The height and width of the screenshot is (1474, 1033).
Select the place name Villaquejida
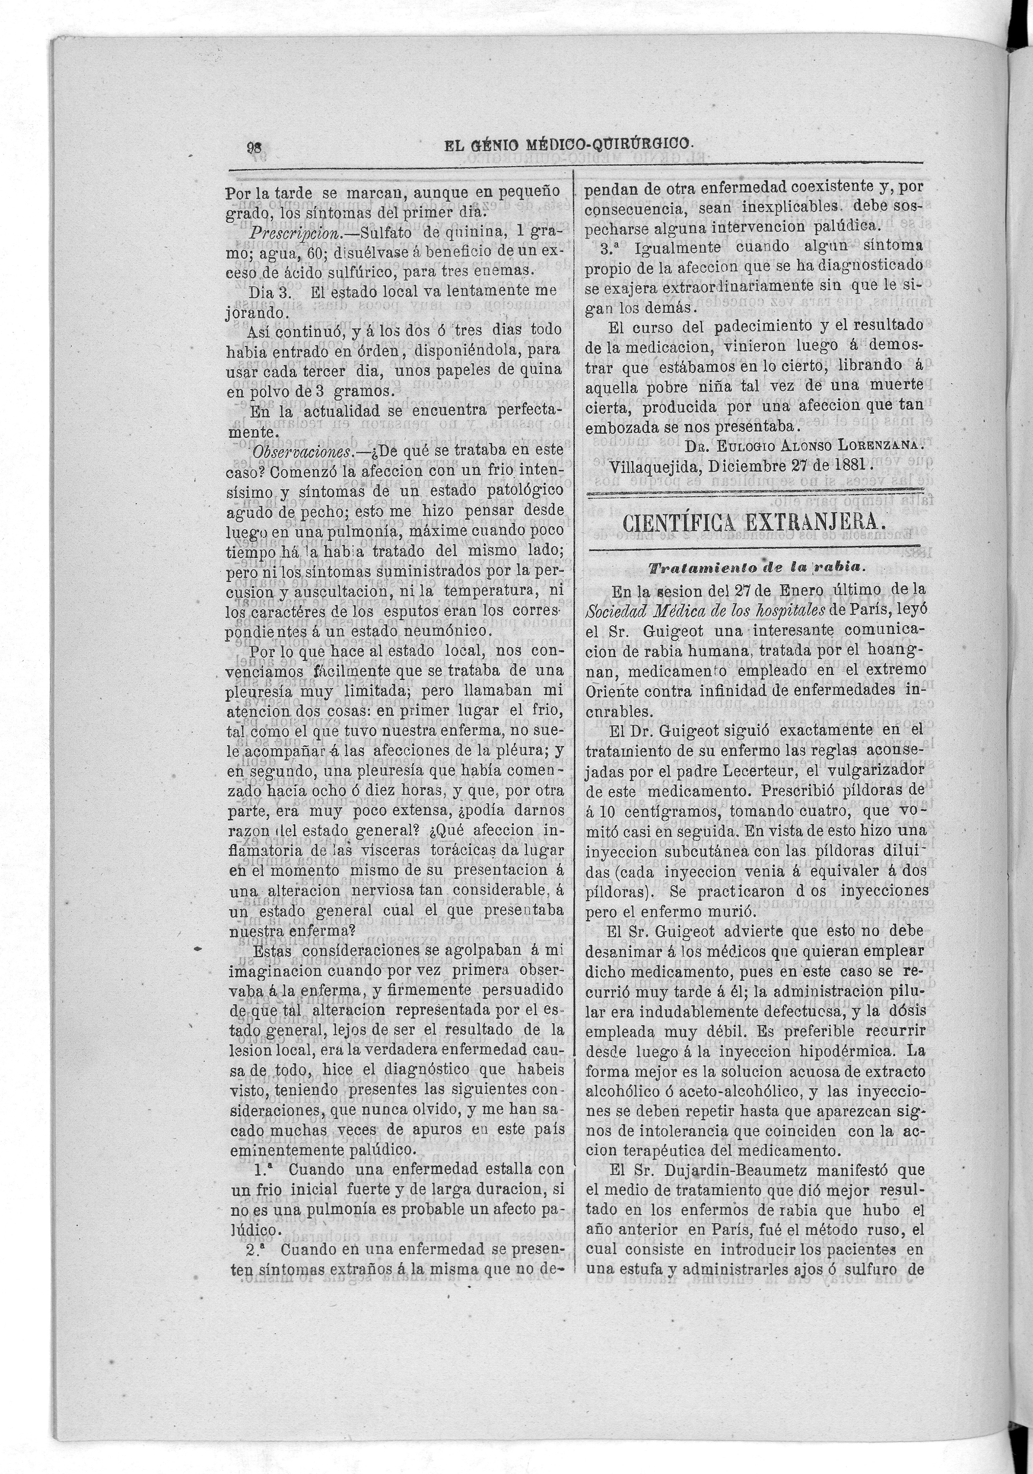(648, 465)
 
